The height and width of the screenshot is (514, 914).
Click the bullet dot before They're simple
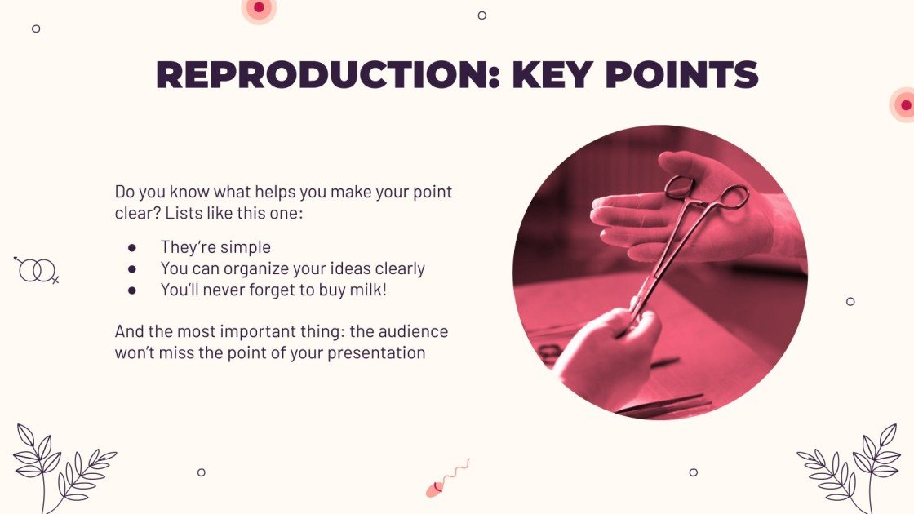pyautogui.click(x=131, y=247)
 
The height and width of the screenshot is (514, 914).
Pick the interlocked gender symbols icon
pyautogui.click(x=37, y=269)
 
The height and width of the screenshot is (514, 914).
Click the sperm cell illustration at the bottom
pyautogui.click(x=446, y=479)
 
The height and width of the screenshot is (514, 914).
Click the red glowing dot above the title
pyautogui.click(x=260, y=8)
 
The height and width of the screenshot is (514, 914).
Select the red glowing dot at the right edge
pyautogui.click(x=904, y=104)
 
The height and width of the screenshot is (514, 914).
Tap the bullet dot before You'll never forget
pyautogui.click(x=131, y=290)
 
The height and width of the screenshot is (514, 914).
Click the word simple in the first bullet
pyautogui.click(x=247, y=247)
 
